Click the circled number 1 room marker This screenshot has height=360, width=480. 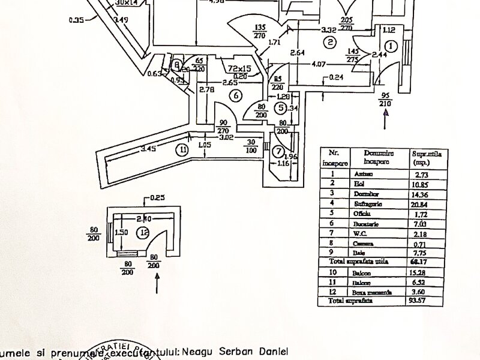pyautogui.click(x=391, y=46)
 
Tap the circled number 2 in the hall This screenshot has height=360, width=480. pyautogui.click(x=329, y=42)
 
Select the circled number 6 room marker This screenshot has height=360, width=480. pyautogui.click(x=236, y=95)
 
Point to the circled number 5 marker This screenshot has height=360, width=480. pyautogui.click(x=281, y=108)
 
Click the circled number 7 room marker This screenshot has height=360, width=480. pyautogui.click(x=278, y=150)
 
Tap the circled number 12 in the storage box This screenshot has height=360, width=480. pyautogui.click(x=142, y=233)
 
